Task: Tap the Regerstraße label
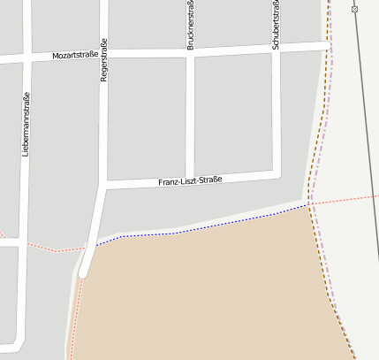103,62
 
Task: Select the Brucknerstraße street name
190,25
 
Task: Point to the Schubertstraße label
276,25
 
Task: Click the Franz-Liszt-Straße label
190,180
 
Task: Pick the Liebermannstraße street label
26,124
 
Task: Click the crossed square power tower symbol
354,9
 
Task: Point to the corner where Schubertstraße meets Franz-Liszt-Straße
276,172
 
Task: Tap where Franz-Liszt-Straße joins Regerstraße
105,186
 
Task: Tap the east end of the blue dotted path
307,205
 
